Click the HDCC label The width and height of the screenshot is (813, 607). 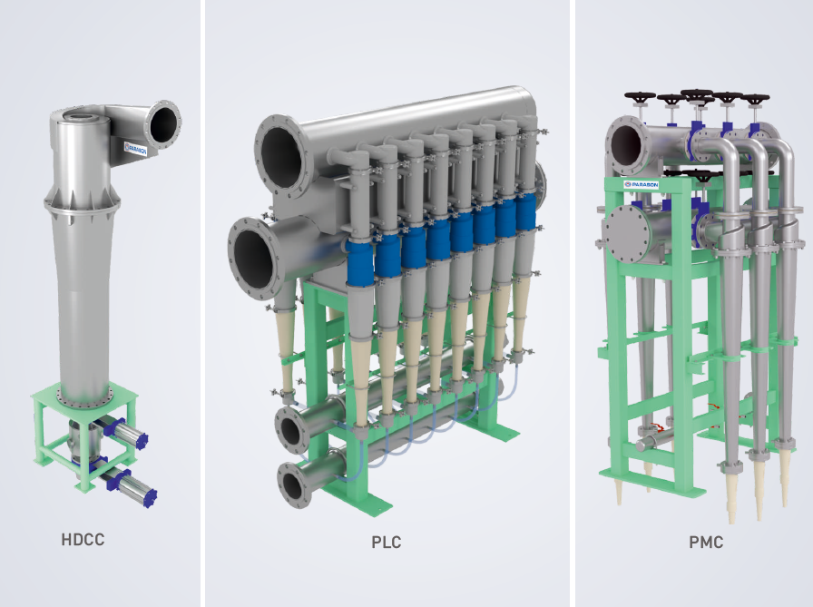point(83,540)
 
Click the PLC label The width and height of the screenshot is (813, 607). point(387,543)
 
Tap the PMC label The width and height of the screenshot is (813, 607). point(706,543)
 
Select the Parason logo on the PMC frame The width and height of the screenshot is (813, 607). point(642,184)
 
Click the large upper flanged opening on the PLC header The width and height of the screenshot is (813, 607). point(281,156)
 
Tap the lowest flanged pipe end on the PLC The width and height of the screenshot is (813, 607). point(295,485)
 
